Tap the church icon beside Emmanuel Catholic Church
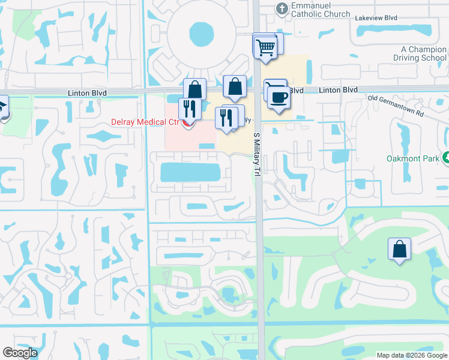(280, 9)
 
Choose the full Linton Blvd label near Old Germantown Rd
(338, 90)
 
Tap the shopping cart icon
(265, 47)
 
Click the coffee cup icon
(278, 96)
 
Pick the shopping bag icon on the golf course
(400, 248)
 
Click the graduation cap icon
(2, 108)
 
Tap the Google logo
(20, 353)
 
